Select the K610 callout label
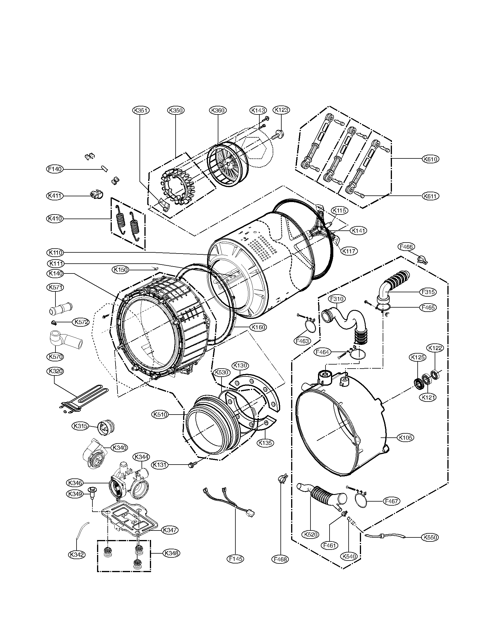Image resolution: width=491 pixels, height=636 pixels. (x=431, y=159)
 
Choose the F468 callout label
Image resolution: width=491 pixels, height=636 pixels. (x=280, y=559)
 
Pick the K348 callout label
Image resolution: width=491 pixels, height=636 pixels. (x=171, y=553)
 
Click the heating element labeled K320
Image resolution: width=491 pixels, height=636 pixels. (x=81, y=398)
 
